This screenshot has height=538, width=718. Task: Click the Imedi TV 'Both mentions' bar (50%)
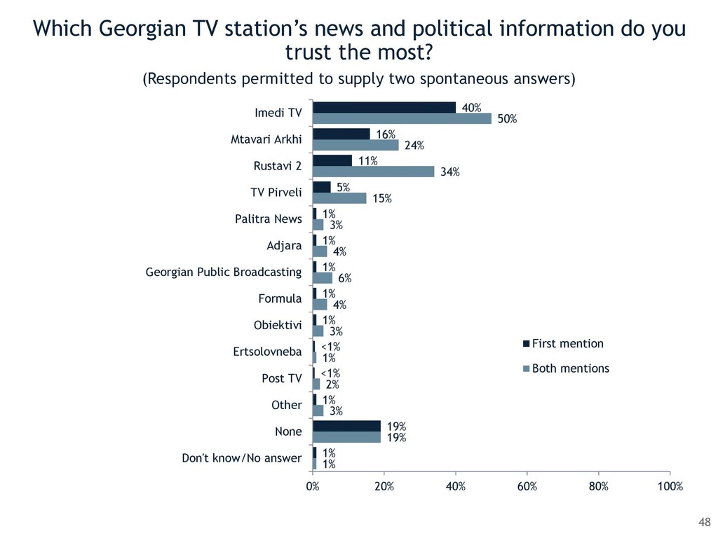point(402,119)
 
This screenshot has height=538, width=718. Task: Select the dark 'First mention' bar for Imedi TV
point(384,107)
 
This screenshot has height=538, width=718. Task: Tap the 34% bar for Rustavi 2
point(374,172)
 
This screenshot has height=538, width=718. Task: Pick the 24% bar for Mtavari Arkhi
point(355,145)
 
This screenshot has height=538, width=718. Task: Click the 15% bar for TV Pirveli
point(339,198)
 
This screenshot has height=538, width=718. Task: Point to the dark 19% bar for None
point(346,426)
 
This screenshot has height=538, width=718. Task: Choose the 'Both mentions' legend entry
point(570,368)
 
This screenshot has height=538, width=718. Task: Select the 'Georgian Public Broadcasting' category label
point(223,272)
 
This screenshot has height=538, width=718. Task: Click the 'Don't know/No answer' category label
point(241,459)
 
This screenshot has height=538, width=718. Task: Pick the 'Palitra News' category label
point(268,219)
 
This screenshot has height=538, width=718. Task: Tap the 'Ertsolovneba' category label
point(267,352)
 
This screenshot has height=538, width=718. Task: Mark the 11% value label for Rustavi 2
point(368,161)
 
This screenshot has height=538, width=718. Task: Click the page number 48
point(704,521)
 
